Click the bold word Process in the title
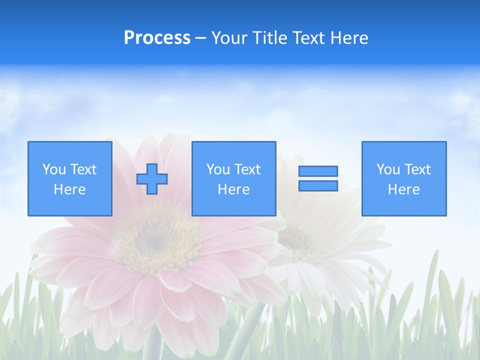tap(157, 38)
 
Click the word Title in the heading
tap(270, 38)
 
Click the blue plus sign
tap(152, 179)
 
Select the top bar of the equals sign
tap(318, 171)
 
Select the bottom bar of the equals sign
tap(318, 185)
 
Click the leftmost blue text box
tap(69, 178)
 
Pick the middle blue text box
tap(233, 178)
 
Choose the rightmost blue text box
tap(403, 178)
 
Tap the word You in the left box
tap(53, 169)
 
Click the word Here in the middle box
tap(233, 189)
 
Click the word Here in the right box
tap(403, 189)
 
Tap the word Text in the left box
tap(83, 169)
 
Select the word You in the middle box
tap(217, 169)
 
